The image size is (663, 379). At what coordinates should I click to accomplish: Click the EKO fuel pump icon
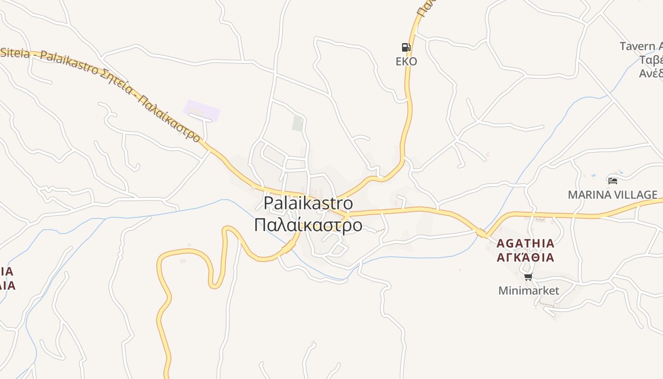coord(406,47)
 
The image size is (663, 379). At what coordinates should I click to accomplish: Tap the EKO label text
coord(406,62)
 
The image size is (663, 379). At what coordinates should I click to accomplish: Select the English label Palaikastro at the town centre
coord(308,203)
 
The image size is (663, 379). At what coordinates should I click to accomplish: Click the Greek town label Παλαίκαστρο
coord(308,225)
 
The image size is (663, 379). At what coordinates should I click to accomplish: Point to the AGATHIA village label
coord(525,244)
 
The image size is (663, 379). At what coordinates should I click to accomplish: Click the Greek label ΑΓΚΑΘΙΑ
coord(525,258)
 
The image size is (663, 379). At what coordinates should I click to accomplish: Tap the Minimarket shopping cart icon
coord(528,277)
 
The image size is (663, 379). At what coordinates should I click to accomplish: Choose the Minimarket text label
coord(529,290)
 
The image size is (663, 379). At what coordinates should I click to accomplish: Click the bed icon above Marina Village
coord(612,180)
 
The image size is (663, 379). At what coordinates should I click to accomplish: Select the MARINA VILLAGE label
coord(612,195)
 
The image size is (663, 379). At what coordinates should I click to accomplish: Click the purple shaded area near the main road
coord(202,110)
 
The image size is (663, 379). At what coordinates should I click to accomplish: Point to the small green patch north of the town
coord(297,124)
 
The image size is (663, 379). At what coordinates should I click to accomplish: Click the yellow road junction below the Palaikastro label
coord(347,215)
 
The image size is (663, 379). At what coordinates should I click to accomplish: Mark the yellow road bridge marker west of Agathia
coord(482,233)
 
